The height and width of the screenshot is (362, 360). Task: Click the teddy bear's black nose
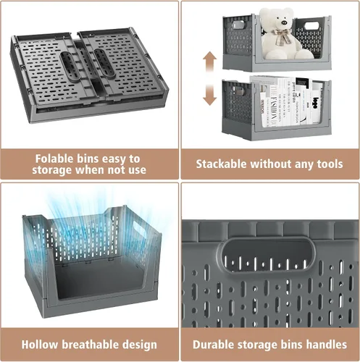[x=284, y=22]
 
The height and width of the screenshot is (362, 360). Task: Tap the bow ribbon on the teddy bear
[x=281, y=36]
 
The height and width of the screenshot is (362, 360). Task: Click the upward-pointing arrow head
[x=209, y=57]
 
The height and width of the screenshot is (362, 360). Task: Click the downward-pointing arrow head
[x=209, y=99]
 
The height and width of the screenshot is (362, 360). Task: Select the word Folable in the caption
[x=54, y=159]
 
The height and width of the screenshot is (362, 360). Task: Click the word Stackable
[x=221, y=164]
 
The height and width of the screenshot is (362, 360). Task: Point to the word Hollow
[x=40, y=345]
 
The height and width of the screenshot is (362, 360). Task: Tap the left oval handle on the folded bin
[x=70, y=66]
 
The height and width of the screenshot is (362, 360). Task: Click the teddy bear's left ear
[x=264, y=12]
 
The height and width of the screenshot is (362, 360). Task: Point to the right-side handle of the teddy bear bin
[x=311, y=26]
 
